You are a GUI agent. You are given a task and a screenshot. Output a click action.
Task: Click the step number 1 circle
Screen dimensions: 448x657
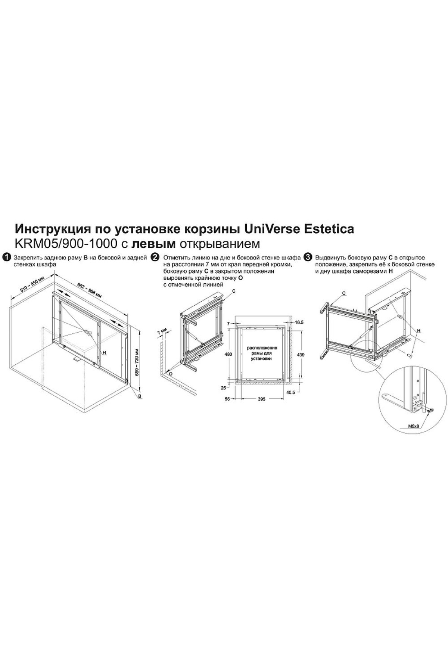coord(6,257)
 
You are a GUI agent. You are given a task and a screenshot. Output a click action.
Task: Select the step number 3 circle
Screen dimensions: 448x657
coord(308,257)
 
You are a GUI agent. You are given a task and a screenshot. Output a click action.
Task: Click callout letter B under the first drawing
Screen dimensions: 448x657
coord(140,396)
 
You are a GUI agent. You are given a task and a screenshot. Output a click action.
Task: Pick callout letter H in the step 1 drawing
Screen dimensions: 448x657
coord(105,352)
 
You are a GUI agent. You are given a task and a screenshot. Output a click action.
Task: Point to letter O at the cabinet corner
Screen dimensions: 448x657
coord(171,373)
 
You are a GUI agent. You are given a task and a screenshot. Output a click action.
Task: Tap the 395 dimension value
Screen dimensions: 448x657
coord(261,399)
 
